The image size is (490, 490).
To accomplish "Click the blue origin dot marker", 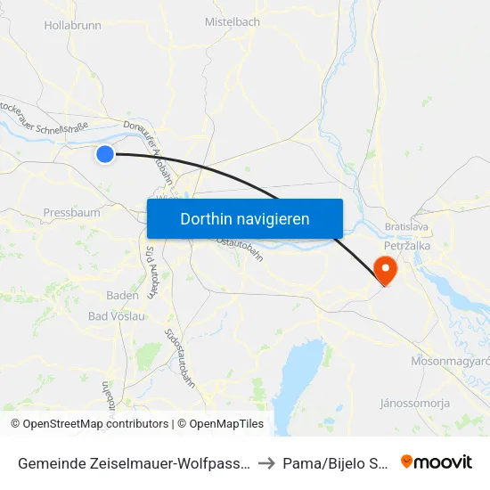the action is [105, 154].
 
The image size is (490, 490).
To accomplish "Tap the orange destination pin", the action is [386, 269].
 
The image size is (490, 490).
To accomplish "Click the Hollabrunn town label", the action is [73, 25].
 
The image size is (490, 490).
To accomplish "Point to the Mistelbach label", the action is [233, 21].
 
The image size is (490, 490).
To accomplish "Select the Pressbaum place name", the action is [71, 213].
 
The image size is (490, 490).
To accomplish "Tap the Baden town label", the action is [122, 295].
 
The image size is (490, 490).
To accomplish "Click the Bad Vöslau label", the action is [117, 316].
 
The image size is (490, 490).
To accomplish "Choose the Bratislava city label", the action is [409, 226].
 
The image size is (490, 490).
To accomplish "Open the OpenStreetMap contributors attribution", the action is [89, 424].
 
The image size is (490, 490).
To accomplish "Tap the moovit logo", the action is [437, 461].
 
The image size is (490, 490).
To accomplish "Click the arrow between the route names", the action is [266, 463].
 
